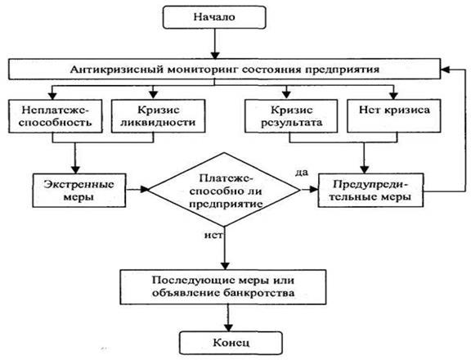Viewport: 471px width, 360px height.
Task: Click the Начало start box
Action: (214, 17)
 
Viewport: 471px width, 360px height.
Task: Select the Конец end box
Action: (231, 343)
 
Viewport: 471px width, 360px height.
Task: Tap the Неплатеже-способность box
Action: (56, 116)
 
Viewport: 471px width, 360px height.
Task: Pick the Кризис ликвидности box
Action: (159, 116)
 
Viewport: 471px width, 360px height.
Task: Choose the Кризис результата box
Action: (291, 116)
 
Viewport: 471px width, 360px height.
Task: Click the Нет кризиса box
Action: (394, 116)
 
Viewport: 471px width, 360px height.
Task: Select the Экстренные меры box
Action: (79, 190)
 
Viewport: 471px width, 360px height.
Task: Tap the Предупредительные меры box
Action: (370, 190)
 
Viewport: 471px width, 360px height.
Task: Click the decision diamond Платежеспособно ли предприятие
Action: (224, 190)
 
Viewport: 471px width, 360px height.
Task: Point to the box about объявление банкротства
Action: (223, 287)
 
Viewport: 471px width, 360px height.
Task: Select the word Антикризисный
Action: (117, 70)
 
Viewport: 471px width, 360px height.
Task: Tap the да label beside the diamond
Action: (302, 173)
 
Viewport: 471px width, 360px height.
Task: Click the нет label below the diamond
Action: (213, 235)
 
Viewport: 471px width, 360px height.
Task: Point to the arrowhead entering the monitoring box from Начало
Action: (215, 56)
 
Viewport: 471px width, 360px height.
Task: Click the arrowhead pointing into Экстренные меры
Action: (75, 169)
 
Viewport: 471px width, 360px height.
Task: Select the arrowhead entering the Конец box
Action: (229, 328)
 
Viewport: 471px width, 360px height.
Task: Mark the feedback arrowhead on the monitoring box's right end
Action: (445, 70)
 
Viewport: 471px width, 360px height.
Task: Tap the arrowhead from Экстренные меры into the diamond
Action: (145, 190)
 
